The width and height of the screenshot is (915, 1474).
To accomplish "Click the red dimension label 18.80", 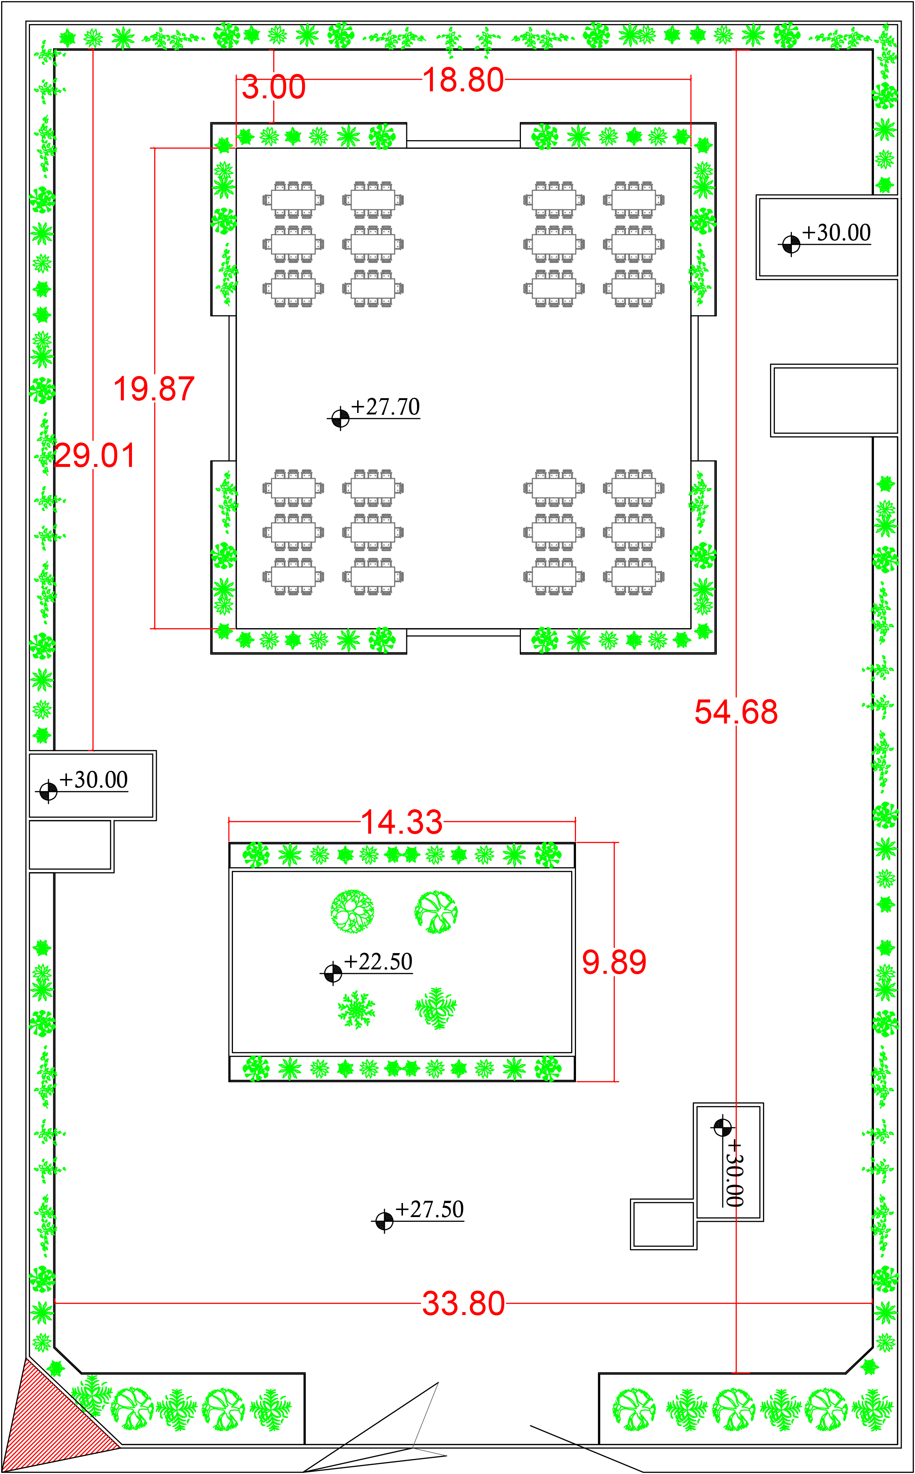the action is click(463, 80).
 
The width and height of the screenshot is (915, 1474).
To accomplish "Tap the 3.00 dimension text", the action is click(274, 87).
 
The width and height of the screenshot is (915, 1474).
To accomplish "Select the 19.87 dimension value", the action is click(154, 389).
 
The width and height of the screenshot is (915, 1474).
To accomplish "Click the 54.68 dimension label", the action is click(736, 712).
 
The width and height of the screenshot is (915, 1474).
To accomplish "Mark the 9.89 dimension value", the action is click(614, 962).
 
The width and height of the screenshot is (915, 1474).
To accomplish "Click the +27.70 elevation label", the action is click(386, 407).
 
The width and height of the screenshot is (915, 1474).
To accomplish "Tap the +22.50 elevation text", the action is click(378, 962).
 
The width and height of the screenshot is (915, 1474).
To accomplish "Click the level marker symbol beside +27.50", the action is click(384, 1221).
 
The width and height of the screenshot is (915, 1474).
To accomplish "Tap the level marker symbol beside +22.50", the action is click(333, 973).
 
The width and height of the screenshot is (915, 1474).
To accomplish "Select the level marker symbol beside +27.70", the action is click(340, 418).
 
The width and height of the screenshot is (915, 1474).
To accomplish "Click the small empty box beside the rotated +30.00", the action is click(663, 1224).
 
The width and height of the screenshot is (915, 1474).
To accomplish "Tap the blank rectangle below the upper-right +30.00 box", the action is click(834, 400).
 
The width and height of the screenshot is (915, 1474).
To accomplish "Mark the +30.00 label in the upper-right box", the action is click(836, 232).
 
